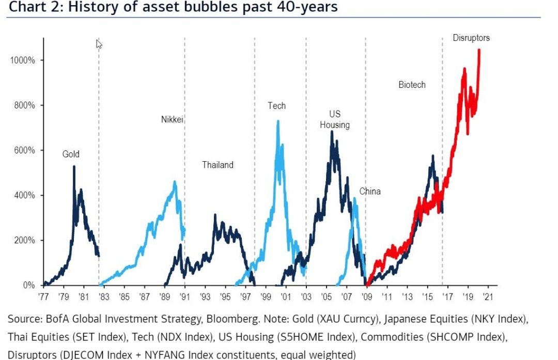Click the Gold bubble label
point(71,154)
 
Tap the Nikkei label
point(172,120)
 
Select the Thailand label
point(218,165)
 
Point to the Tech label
point(276,106)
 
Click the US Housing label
point(335,119)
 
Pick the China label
point(370,192)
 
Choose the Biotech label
point(412,85)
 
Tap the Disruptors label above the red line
point(471,38)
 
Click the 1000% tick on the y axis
point(22,60)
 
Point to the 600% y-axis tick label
point(24,150)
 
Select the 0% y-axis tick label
point(28,285)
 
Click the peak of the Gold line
point(74,167)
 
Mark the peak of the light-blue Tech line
point(278,122)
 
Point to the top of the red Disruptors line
point(479,50)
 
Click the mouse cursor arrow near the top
point(99,44)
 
